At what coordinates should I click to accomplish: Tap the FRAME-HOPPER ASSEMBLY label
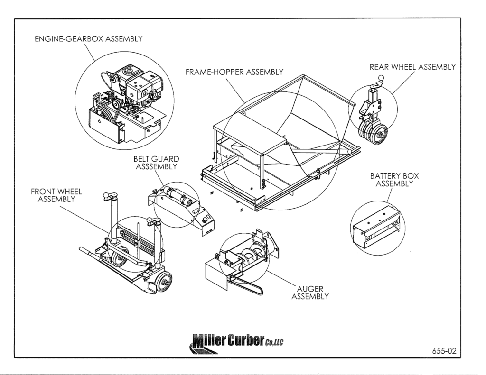tap(234, 72)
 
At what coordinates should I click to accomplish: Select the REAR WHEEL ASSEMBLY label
tap(412, 67)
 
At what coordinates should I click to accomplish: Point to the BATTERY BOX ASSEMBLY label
tap(394, 180)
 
